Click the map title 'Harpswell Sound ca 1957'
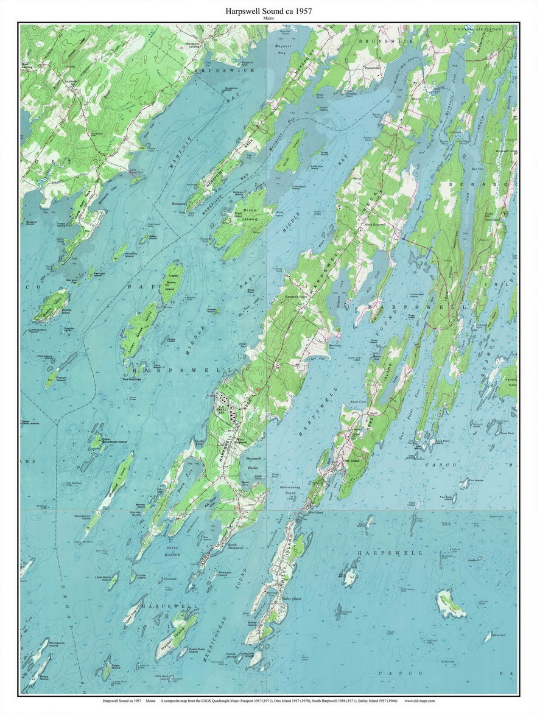tap(268, 11)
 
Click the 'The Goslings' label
tap(132, 379)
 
